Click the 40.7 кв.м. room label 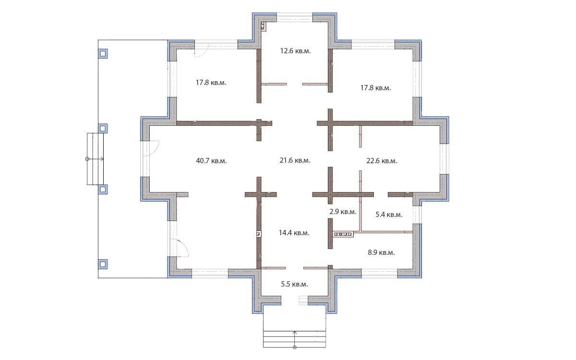pyautogui.click(x=211, y=161)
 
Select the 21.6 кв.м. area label pyautogui.click(x=295, y=160)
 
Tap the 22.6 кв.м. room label pyautogui.click(x=382, y=161)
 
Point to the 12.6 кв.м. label pyautogui.click(x=296, y=51)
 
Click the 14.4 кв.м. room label pyautogui.click(x=294, y=233)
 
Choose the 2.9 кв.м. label pyautogui.click(x=343, y=212)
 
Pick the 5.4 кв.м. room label pyautogui.click(x=389, y=215)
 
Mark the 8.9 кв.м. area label pyautogui.click(x=381, y=252)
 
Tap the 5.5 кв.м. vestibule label pyautogui.click(x=294, y=284)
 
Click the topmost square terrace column pyautogui.click(x=103, y=54)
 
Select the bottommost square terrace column pyautogui.click(x=103, y=264)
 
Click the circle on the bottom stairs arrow pyautogui.click(x=295, y=348)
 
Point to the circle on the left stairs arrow pyautogui.click(x=87, y=159)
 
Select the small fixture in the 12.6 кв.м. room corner pyautogui.click(x=264, y=26)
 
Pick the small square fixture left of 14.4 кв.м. pyautogui.click(x=259, y=234)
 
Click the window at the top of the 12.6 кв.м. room pyautogui.click(x=294, y=17)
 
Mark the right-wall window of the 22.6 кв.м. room pyautogui.click(x=444, y=159)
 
